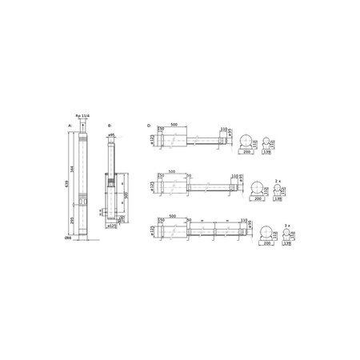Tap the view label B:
click(x=109, y=126)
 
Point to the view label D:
click(x=150, y=126)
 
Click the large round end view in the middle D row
click(x=256, y=188)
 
